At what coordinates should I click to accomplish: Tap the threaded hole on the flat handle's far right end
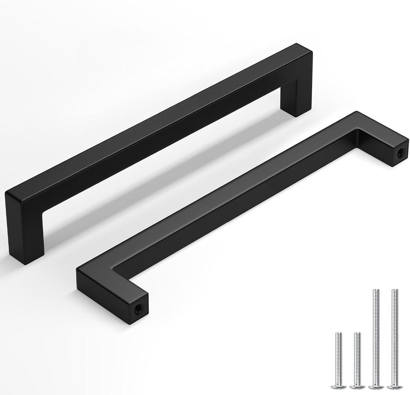coord(400,152)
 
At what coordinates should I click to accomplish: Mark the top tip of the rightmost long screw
coord(395,291)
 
